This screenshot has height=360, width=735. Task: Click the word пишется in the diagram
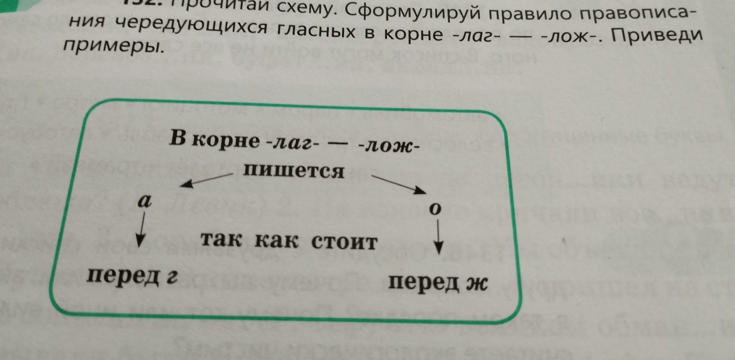coord(293,171)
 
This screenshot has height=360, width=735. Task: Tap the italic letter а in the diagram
coord(145,201)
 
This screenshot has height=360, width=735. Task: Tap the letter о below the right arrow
coord(435,209)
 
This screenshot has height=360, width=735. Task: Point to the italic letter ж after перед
coord(476,284)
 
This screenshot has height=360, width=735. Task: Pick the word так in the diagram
coord(221,240)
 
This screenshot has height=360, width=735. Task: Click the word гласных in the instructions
coord(315,32)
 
